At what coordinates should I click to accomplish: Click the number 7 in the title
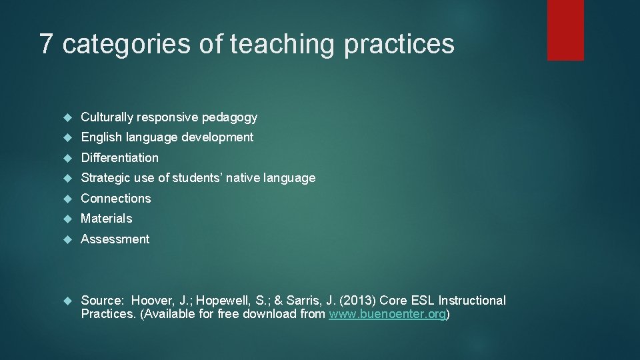coord(45,44)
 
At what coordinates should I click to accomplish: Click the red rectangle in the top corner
coord(565,29)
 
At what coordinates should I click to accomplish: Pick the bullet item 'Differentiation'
coord(120,158)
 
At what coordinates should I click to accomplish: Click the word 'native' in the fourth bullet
coord(243,178)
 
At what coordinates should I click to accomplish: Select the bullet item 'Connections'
coord(116,199)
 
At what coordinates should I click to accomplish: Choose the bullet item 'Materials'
coord(107,219)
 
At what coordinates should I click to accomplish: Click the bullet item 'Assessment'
coord(115,239)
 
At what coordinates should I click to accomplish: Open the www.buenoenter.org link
coord(387,314)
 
